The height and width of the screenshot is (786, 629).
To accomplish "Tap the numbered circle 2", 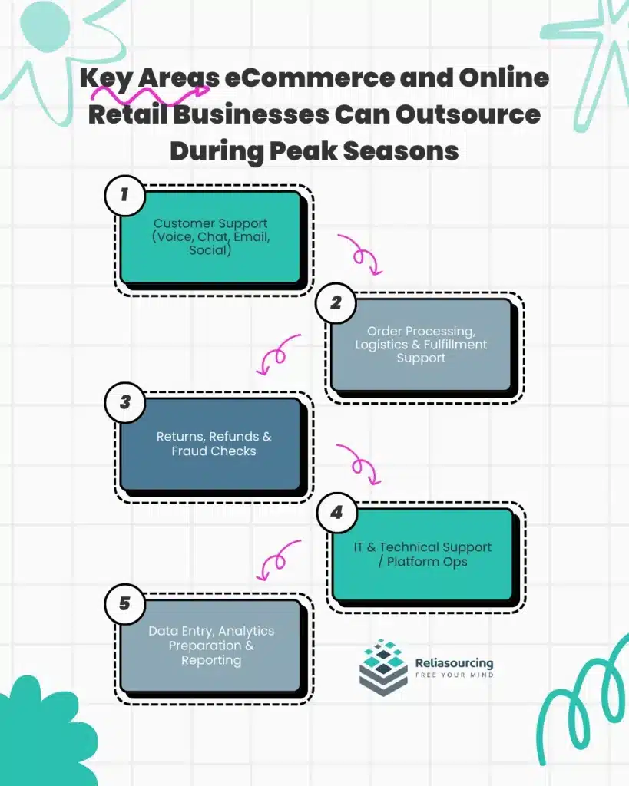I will (x=336, y=302).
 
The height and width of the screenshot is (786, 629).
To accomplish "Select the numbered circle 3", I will (x=125, y=402).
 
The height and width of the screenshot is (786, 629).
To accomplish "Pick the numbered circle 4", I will (x=336, y=512).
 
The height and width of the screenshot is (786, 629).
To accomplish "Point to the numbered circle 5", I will (x=125, y=604).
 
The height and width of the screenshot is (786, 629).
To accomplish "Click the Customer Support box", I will (x=210, y=237).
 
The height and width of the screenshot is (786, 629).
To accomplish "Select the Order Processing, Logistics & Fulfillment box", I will (x=421, y=345).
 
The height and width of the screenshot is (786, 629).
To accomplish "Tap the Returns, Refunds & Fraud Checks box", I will (x=214, y=444).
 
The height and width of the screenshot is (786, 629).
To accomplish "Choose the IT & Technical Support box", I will (x=422, y=554).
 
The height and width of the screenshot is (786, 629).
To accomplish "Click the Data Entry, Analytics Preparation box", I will (x=211, y=646).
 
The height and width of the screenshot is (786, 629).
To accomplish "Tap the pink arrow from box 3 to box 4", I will (x=362, y=464).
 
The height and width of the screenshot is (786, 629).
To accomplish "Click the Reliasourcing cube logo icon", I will (x=383, y=667).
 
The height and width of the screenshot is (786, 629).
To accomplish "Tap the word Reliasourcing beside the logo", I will (x=453, y=662).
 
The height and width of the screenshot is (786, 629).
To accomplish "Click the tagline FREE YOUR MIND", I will (x=453, y=675).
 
